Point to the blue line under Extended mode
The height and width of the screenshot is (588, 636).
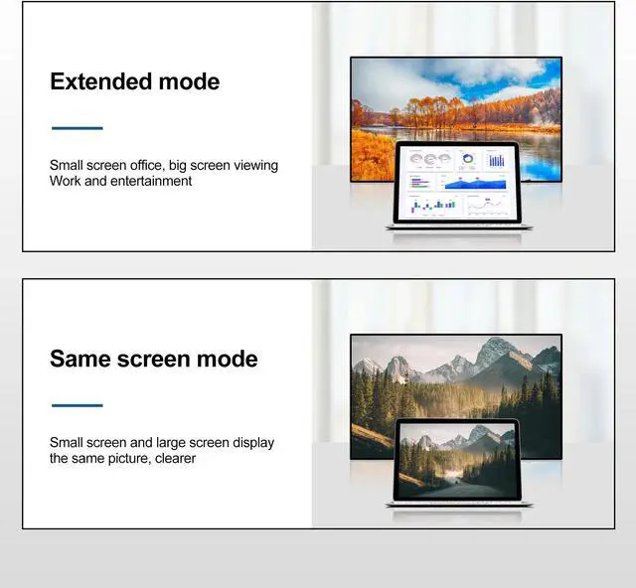(77, 128)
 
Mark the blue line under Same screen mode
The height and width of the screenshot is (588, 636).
(77, 405)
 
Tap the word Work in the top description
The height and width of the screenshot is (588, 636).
(66, 181)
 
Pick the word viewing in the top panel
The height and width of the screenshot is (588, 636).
(252, 165)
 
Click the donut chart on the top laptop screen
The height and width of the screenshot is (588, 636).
(467, 159)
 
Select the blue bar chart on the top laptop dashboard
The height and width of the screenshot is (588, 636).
(496, 160)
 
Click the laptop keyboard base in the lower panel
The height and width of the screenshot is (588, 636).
(458, 505)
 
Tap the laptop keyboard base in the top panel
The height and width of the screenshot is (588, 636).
(458, 226)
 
